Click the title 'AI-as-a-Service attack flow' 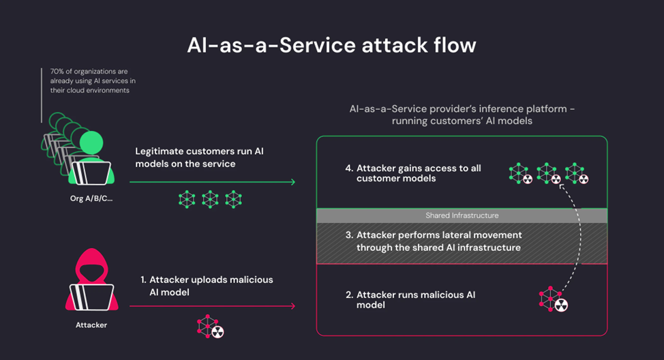[x=331, y=45]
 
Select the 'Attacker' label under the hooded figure [x=91, y=325]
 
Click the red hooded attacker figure [x=91, y=279]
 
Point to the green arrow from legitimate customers [x=211, y=182]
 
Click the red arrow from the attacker [x=211, y=306]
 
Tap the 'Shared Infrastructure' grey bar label [x=462, y=215]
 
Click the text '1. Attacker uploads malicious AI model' [x=206, y=286]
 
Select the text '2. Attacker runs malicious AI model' [x=410, y=300]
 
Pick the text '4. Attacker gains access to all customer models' [x=412, y=173]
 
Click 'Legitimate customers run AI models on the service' [x=199, y=157]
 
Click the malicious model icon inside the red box [x=553, y=299]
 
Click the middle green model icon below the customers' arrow [x=210, y=199]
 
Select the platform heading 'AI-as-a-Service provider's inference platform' [x=461, y=109]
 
